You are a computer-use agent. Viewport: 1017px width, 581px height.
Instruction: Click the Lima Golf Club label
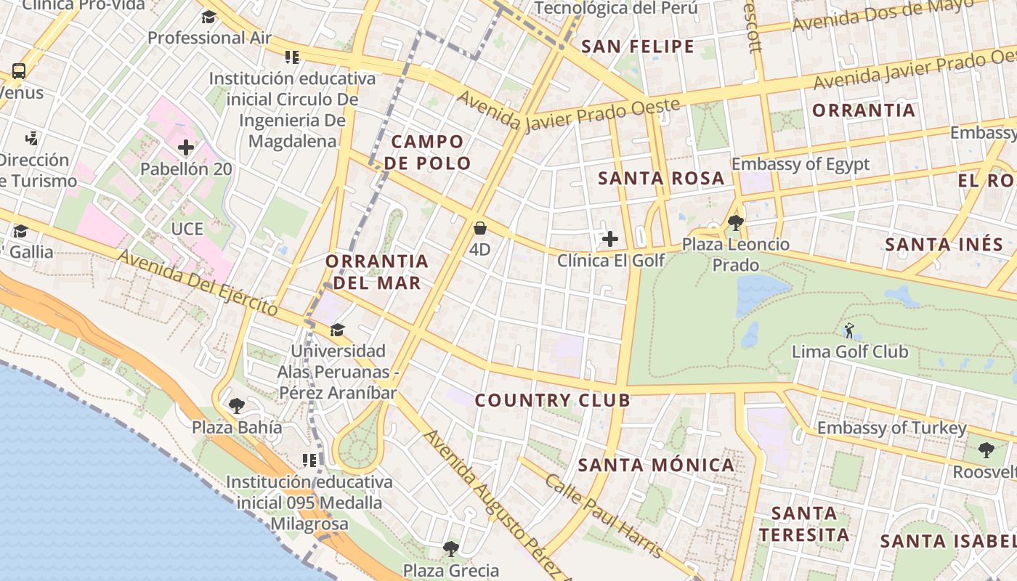[849, 352]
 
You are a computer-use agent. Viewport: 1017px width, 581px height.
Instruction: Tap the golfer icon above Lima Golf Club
[848, 330]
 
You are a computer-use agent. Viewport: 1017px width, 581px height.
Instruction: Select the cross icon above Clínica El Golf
[610, 238]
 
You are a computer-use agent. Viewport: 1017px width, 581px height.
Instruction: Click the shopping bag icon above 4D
[479, 228]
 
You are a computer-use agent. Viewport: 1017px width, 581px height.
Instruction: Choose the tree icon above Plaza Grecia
[451, 548]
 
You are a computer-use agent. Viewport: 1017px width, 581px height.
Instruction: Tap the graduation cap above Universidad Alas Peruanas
[337, 330]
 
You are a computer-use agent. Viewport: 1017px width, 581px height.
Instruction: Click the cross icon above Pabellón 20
[186, 148]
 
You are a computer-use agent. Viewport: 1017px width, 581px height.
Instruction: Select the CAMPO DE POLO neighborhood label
[427, 153]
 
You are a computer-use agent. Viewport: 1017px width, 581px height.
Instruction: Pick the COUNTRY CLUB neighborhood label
[553, 400]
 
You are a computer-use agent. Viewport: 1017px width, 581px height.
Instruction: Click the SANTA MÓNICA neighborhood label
[657, 465]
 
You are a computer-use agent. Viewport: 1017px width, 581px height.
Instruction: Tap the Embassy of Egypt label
[800, 164]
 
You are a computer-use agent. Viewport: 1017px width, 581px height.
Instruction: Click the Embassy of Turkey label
[891, 428]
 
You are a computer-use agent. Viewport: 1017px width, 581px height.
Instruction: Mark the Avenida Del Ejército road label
[198, 283]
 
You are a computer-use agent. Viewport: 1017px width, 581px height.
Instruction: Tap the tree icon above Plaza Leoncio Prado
[735, 222]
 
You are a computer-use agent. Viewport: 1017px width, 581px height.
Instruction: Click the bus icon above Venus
[19, 71]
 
